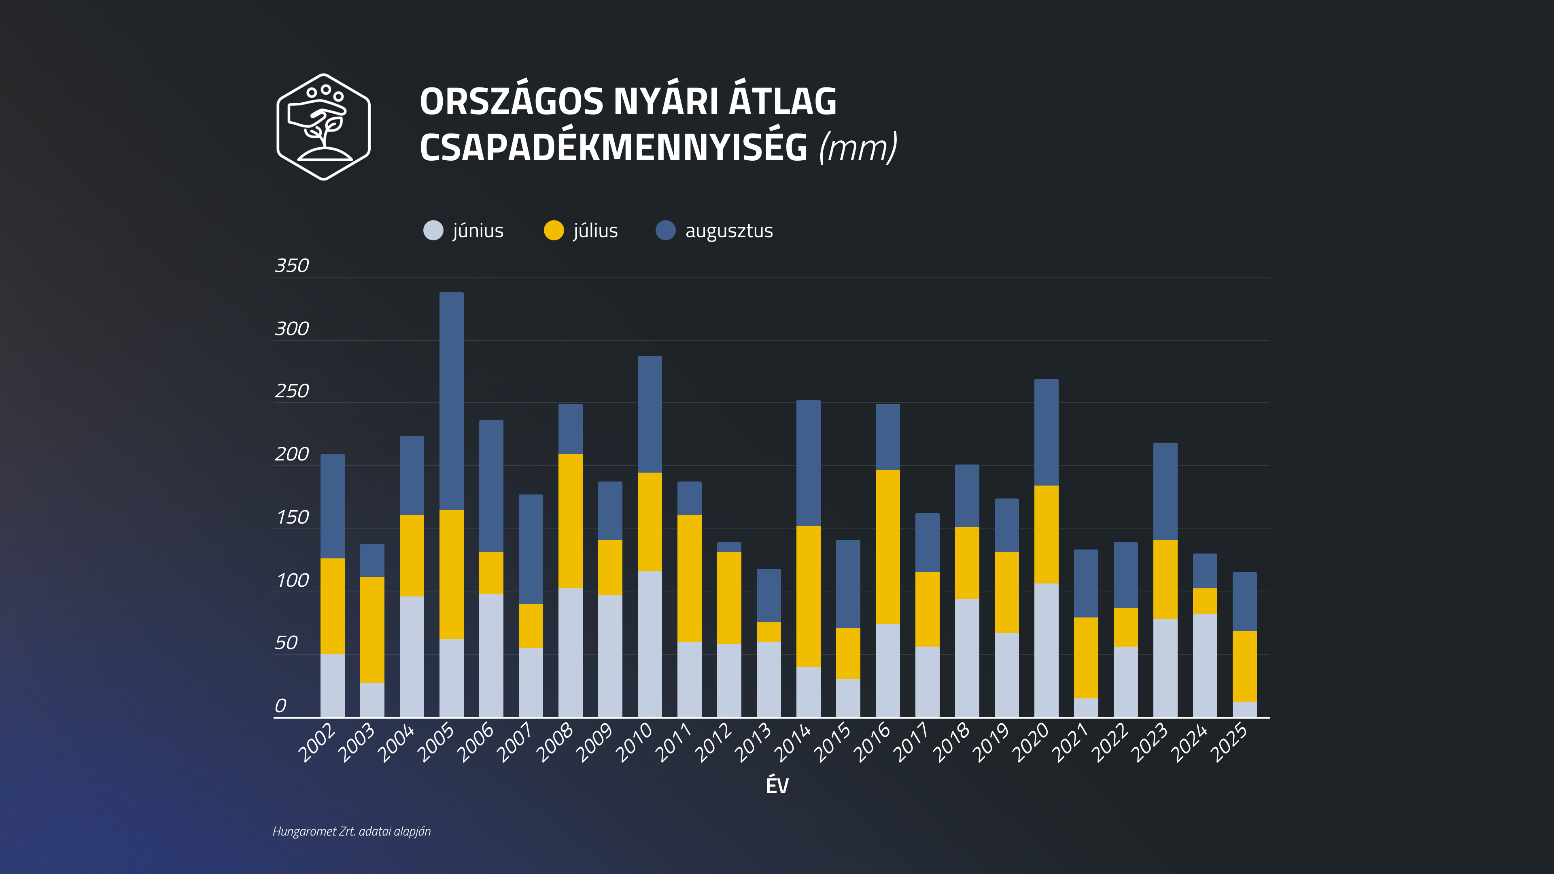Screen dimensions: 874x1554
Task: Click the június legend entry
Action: pyautogui.click(x=463, y=230)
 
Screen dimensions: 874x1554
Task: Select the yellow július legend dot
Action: pyautogui.click(x=553, y=230)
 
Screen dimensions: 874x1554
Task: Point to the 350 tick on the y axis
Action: pyautogui.click(x=291, y=265)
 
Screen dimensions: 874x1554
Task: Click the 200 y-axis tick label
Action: pyautogui.click(x=291, y=454)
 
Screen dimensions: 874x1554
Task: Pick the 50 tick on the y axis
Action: pyautogui.click(x=286, y=643)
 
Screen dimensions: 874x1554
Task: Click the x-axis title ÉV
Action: pyautogui.click(x=777, y=785)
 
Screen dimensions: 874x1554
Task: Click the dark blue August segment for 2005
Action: pyautogui.click(x=451, y=401)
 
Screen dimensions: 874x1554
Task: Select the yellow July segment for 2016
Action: pyautogui.click(x=887, y=547)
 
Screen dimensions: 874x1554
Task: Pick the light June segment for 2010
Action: pyautogui.click(x=650, y=644)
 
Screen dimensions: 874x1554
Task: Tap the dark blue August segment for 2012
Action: pyautogui.click(x=729, y=547)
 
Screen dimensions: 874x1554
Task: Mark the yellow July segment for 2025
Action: pyautogui.click(x=1244, y=666)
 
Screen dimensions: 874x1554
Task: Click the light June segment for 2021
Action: pyautogui.click(x=1086, y=708)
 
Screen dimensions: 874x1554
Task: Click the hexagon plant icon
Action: pyautogui.click(x=323, y=127)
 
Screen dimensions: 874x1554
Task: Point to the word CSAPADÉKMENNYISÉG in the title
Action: pyautogui.click(x=613, y=147)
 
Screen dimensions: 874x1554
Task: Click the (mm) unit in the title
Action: pyautogui.click(x=858, y=147)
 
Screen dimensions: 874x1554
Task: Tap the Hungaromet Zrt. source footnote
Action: pyautogui.click(x=352, y=831)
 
